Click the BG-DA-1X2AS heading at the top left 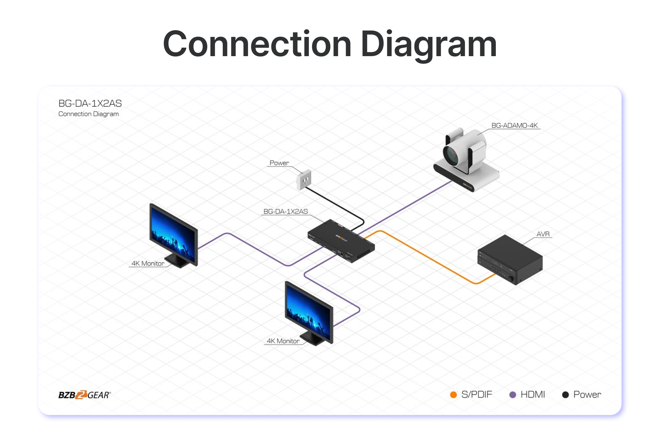[x=90, y=104]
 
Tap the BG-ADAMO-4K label [x=514, y=125]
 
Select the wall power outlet [x=304, y=180]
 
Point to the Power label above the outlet [x=279, y=163]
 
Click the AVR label [x=543, y=234]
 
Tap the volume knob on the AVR [x=511, y=279]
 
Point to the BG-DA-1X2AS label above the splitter [x=285, y=212]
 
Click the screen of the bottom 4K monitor [x=309, y=311]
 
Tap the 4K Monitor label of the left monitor [x=148, y=263]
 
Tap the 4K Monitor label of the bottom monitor [x=283, y=341]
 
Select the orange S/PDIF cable [x=426, y=256]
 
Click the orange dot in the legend [x=453, y=395]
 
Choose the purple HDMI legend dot [x=512, y=395]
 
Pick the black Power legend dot [x=565, y=395]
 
